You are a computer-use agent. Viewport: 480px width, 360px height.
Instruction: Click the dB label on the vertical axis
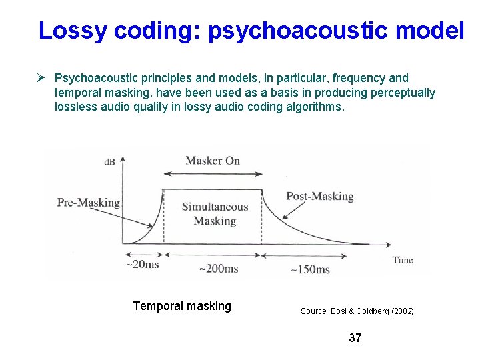[109, 161]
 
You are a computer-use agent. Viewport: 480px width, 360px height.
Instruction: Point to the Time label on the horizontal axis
[403, 260]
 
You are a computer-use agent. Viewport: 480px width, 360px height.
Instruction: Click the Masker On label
[212, 160]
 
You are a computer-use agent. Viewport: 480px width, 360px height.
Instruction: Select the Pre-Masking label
[88, 203]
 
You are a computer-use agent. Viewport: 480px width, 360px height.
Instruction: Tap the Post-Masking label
[319, 196]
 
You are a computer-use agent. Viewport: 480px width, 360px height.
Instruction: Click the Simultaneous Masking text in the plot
[214, 214]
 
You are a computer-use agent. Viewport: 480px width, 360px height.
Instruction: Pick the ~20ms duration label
[142, 264]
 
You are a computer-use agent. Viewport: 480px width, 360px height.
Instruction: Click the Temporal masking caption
[182, 306]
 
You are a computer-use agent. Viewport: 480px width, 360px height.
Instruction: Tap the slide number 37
[355, 338]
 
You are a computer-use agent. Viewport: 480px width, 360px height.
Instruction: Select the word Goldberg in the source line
[364, 311]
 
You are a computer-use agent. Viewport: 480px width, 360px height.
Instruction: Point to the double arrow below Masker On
[213, 174]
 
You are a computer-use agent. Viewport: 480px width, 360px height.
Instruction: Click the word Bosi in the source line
[336, 311]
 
